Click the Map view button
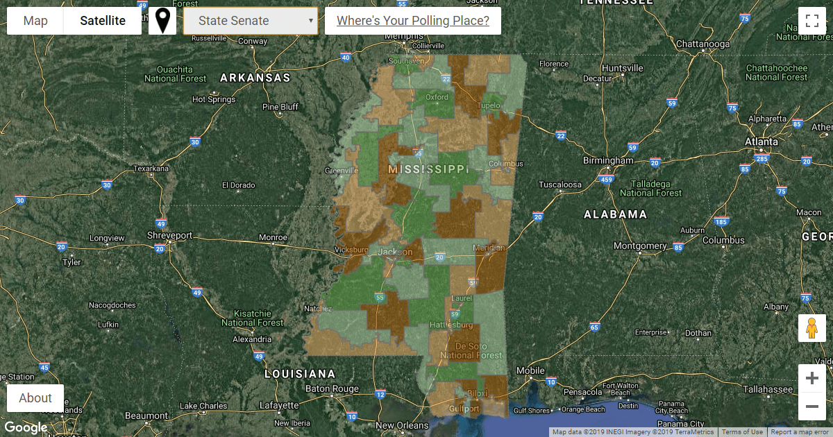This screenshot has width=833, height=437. coord(35,21)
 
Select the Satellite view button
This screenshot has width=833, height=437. coord(103,21)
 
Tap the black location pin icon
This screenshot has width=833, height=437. coord(162,21)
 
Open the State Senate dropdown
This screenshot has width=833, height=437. coord(251,21)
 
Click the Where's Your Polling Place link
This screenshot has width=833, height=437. coord(412,21)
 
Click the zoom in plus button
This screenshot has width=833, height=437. coord(812,379)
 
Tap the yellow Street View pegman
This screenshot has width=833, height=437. coord(812,328)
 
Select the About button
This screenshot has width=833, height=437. coord(35,398)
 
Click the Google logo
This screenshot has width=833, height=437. coord(25,427)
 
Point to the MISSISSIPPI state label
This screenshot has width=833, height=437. coord(429,169)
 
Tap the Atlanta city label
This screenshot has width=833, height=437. coord(762,142)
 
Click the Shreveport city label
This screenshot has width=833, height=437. coord(169,236)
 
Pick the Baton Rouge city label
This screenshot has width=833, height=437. coord(333,388)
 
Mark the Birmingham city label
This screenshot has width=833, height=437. coord(609,160)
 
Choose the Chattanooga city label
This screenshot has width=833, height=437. coord(703,44)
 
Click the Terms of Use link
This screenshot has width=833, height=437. coord(742,432)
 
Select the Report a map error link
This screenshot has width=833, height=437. coord(800,432)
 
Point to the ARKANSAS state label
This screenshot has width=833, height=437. coord(255,78)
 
